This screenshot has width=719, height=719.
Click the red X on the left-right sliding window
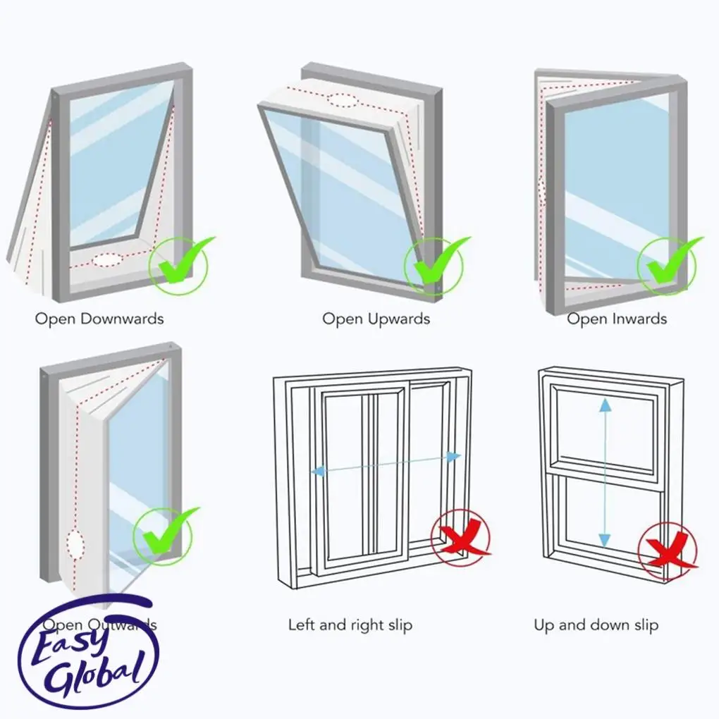pyautogui.click(x=462, y=540)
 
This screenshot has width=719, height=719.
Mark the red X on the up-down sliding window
pyautogui.click(x=668, y=550)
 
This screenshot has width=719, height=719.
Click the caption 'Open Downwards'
pyautogui.click(x=99, y=319)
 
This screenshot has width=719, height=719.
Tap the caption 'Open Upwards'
pyautogui.click(x=376, y=319)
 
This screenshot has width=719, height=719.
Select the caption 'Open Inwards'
pyautogui.click(x=617, y=319)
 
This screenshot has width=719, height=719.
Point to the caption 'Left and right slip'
pyautogui.click(x=350, y=625)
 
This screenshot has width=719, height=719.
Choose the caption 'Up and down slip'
pyautogui.click(x=596, y=625)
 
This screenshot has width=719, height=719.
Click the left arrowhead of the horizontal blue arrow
pyautogui.click(x=317, y=470)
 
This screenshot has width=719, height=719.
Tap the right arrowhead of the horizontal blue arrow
pyautogui.click(x=454, y=457)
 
